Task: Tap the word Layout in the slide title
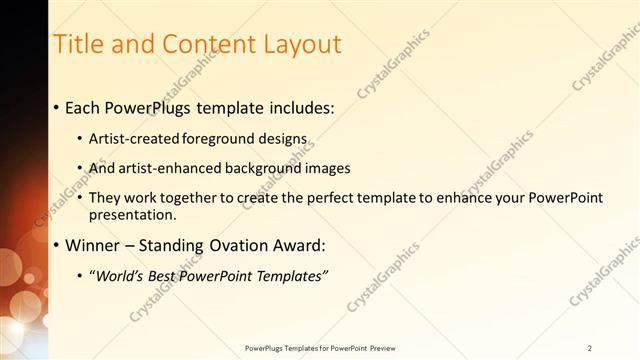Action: pos(299,44)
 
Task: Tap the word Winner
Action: pos(93,245)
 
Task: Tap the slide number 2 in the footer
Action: pos(590,348)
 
